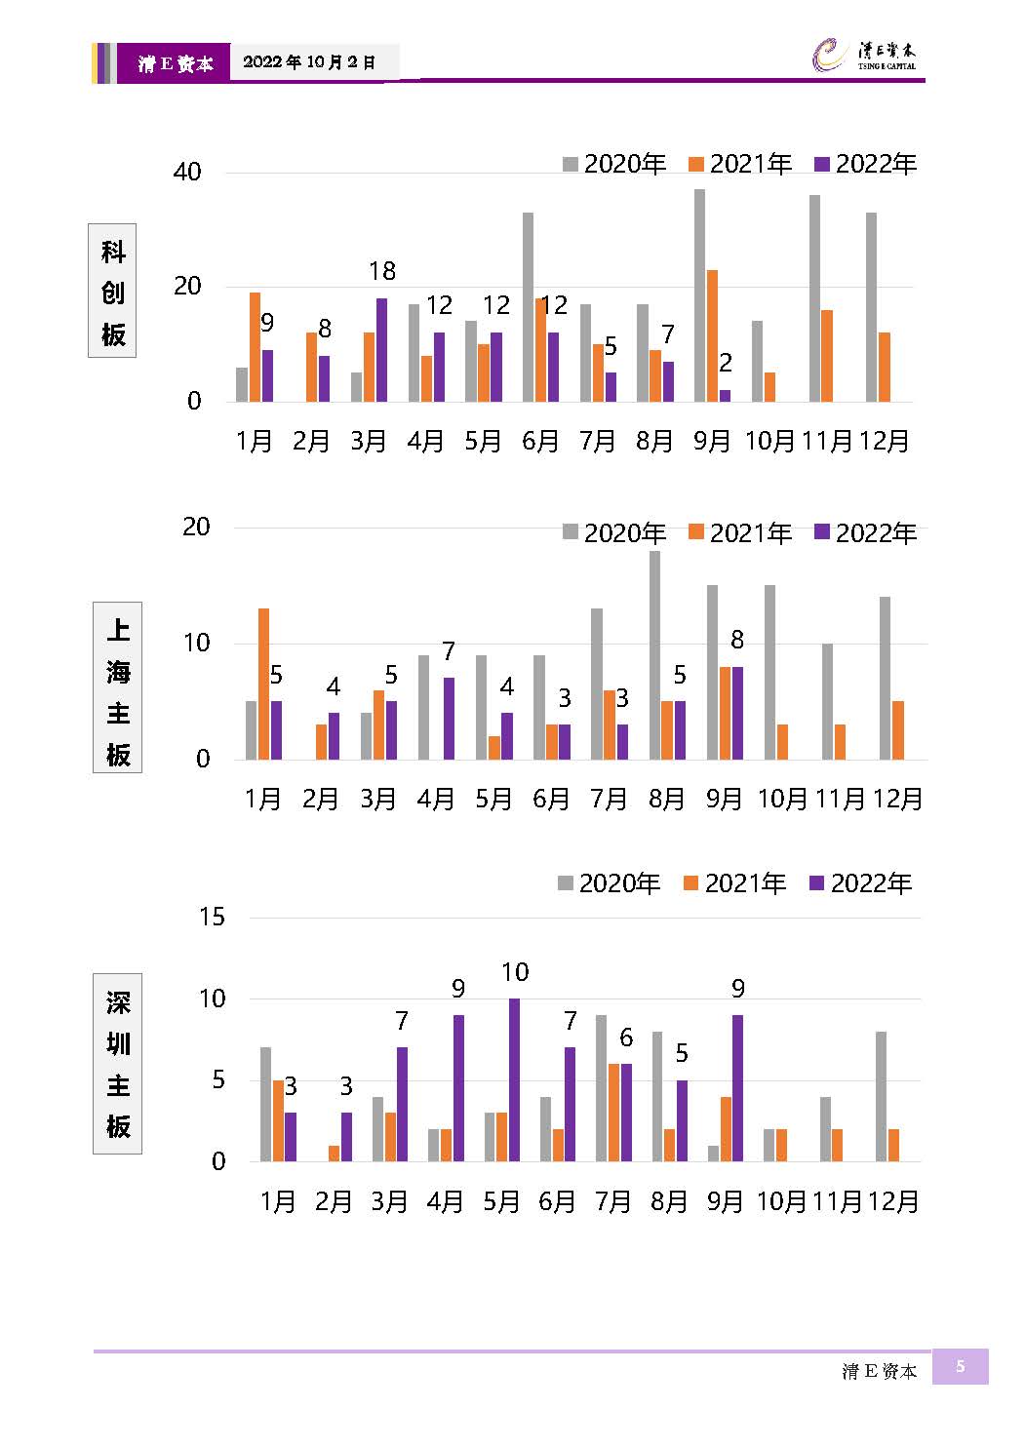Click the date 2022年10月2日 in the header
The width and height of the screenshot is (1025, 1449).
pos(309,62)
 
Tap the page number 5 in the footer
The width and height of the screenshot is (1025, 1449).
pos(960,1366)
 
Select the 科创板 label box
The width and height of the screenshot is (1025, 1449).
pos(112,291)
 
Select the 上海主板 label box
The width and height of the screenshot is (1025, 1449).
pos(117,688)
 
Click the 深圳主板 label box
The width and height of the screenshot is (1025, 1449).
pos(117,1064)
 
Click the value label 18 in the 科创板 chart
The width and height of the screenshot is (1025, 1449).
pos(382,271)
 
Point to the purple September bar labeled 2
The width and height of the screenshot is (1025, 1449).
pos(725,395)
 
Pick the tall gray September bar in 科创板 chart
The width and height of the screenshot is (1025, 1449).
pos(699,295)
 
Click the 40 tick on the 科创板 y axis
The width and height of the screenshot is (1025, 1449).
pos(187,173)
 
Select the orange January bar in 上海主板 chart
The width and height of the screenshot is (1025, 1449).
pos(263,684)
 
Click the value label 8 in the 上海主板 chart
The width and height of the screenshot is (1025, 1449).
pos(737,640)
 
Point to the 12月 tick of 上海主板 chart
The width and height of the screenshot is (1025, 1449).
pos(896,800)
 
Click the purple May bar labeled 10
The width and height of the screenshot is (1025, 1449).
pos(514,1079)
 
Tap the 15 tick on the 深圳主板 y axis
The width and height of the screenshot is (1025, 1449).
pos(212,917)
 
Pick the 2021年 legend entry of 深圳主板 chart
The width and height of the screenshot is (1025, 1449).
pos(735,883)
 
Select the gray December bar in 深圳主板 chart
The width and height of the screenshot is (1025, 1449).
pos(881,1096)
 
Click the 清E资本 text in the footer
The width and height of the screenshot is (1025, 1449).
pos(880,1371)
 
